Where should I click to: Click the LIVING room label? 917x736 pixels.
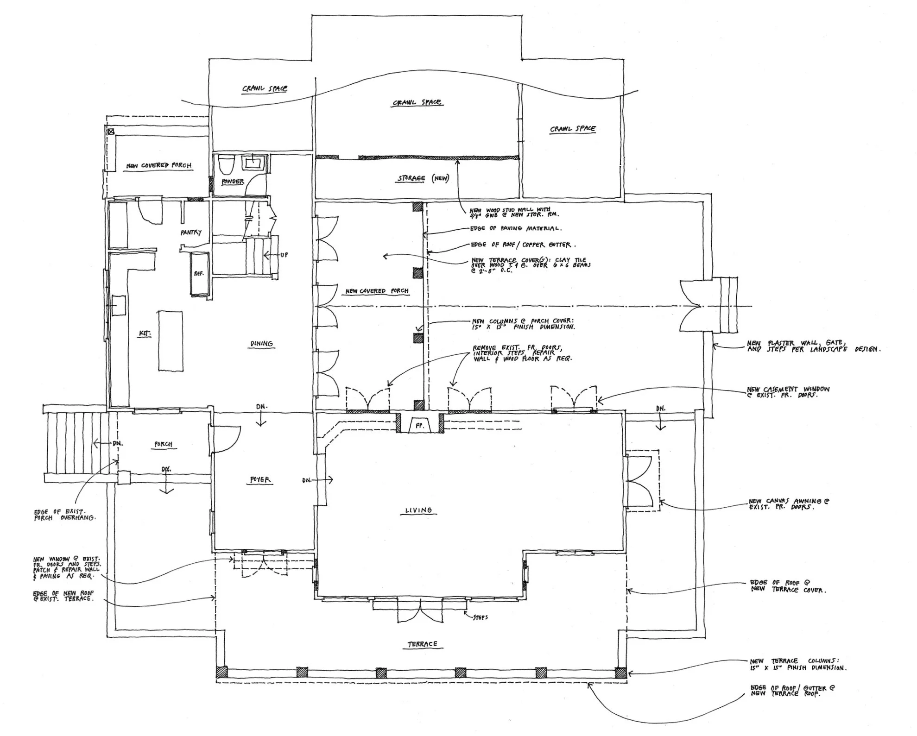[x=418, y=510]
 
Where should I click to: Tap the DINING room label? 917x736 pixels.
[x=261, y=344]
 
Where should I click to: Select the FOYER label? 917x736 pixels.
[x=260, y=480]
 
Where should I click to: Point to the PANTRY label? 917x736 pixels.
[x=191, y=233]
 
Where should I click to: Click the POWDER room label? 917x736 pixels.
[x=232, y=182]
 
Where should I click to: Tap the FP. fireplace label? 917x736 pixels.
[x=420, y=425]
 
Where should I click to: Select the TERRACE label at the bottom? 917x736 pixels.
[x=422, y=644]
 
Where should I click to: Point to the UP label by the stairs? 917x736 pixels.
[x=284, y=255]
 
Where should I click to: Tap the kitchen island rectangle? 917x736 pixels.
[x=170, y=340]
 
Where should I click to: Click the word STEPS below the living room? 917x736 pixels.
[x=480, y=617]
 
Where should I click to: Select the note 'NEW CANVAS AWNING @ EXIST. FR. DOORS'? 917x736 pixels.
[x=789, y=504]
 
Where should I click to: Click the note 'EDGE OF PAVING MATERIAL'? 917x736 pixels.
[x=516, y=228]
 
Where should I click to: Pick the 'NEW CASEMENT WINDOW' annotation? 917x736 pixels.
[x=788, y=392]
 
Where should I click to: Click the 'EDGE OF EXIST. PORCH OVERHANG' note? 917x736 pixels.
[x=65, y=515]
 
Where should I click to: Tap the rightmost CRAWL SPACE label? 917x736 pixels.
[x=573, y=129]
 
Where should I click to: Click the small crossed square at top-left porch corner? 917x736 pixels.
[x=111, y=132]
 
